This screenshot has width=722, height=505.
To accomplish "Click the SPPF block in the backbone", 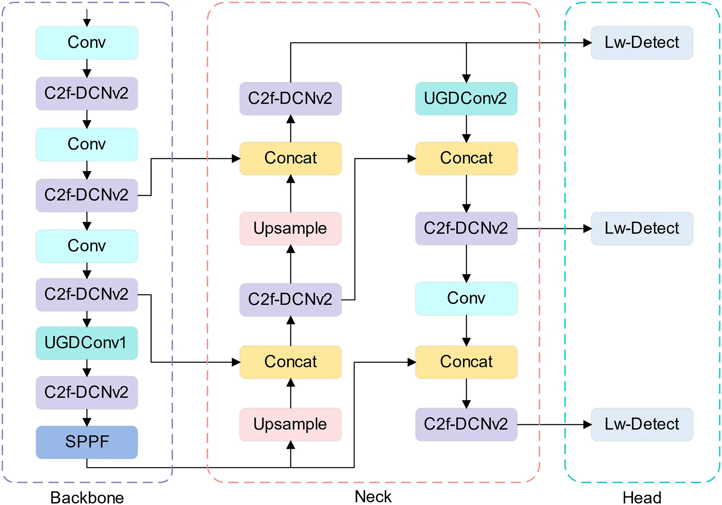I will coord(87,442).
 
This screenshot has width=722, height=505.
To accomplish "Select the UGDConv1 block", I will coord(87,343).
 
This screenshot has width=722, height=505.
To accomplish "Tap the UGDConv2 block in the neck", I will coord(466,98).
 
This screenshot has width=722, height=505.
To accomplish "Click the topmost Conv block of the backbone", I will coord(87,43).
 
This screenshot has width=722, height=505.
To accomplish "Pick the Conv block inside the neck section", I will coord(466,298).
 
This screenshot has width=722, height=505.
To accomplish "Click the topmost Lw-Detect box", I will coord(641,43).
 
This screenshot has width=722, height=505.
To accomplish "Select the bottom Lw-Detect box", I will coord(641,424).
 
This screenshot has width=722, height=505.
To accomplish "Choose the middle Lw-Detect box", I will coord(641,228).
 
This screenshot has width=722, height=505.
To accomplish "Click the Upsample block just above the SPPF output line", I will coord(290,424).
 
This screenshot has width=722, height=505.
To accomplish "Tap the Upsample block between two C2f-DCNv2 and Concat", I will coord(290,228).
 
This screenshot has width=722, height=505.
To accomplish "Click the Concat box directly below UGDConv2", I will coord(466,158).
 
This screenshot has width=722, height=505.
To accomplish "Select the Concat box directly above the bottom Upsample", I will coord(290,362).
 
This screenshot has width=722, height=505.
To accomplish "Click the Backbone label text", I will coord(87,497).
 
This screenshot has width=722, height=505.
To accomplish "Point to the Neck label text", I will coord(373,496).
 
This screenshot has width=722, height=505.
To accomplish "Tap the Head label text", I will coord(641,497).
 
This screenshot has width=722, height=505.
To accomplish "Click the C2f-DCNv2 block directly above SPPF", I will coord(87,392).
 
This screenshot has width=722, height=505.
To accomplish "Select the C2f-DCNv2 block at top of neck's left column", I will coord(290,98).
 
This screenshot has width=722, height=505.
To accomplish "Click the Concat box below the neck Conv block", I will coord(466,362).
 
